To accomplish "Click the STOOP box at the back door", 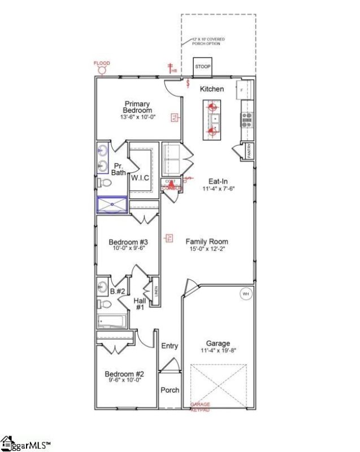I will point(202,67).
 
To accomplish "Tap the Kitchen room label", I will point(212,89).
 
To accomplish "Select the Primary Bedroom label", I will point(138,107).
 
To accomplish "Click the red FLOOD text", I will point(102,63).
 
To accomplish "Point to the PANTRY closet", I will point(248,151).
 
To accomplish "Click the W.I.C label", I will point(140,178).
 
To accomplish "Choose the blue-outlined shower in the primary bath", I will point(112,203).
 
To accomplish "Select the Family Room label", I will point(207,241).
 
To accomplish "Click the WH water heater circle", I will point(246,294).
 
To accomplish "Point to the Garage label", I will point(218,343).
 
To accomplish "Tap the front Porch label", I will point(170,390).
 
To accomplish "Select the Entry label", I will point(170,346).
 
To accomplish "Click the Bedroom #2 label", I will point(124,373).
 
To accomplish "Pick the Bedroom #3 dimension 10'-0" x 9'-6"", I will point(128,247).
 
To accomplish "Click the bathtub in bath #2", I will point(112,321).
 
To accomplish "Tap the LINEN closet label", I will point(155,292).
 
